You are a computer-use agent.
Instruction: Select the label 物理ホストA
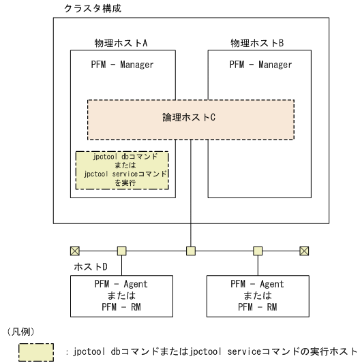coord(121,44)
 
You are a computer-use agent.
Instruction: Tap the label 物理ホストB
coord(257,44)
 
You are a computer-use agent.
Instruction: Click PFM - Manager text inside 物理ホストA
coord(121,65)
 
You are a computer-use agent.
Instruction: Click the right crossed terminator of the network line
coord(304,250)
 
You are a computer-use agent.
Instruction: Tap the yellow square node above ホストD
coord(121,250)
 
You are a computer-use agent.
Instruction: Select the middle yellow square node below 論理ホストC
coord(191,250)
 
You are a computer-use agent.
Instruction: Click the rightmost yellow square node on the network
coord(258,250)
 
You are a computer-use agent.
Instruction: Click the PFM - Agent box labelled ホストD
coord(121,294)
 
